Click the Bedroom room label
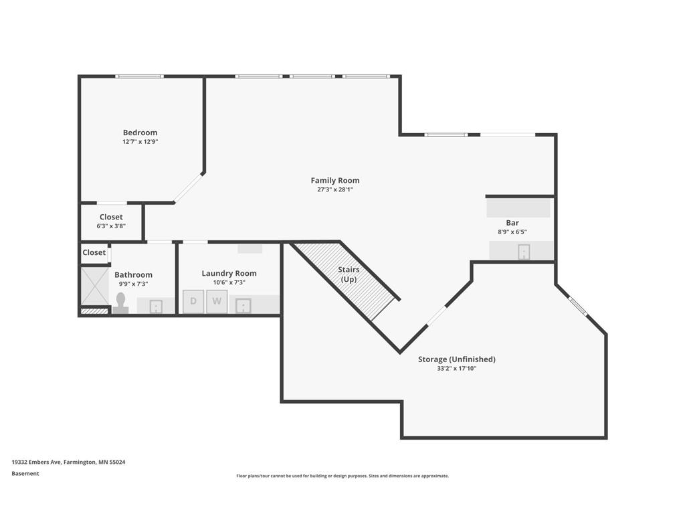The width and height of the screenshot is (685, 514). click(x=140, y=133)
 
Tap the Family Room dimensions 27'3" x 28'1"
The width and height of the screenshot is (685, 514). click(x=335, y=189)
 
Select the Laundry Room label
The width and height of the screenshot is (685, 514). click(x=229, y=273)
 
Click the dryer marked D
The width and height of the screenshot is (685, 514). click(x=193, y=302)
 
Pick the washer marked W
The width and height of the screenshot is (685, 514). click(x=217, y=302)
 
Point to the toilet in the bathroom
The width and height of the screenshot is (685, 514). click(x=120, y=303)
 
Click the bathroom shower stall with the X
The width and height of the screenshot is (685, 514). click(x=95, y=286)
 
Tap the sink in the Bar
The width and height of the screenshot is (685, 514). click(x=524, y=252)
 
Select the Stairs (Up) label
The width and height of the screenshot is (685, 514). click(x=349, y=274)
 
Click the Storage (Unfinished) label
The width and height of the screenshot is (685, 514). click(x=456, y=359)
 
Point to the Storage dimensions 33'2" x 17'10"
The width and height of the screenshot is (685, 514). click(x=456, y=369)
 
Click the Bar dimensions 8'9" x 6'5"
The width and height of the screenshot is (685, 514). click(x=512, y=232)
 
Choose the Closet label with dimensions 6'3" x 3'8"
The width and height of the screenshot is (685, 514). click(x=111, y=217)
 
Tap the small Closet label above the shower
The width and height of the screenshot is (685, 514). click(x=94, y=252)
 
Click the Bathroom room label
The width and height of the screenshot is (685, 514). click(x=133, y=274)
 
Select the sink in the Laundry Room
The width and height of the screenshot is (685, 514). click(x=243, y=305)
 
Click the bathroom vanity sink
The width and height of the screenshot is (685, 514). click(x=156, y=307)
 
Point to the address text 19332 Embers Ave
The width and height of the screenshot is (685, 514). click(x=37, y=462)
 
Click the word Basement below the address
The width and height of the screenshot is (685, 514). click(x=25, y=473)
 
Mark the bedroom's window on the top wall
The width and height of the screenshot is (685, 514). click(x=139, y=76)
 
